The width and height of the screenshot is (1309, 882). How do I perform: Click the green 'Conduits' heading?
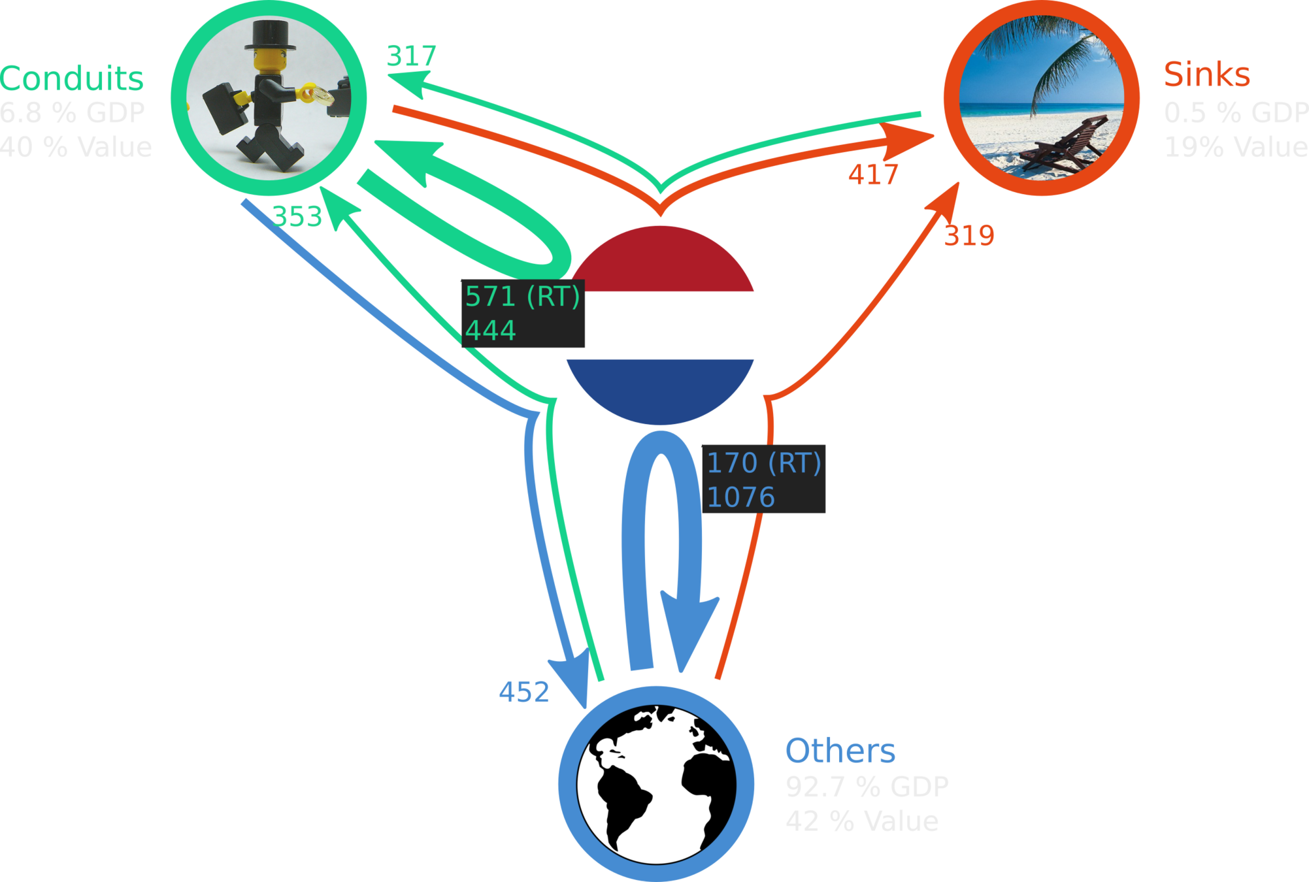[x=72, y=79]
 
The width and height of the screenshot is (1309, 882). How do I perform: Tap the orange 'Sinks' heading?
[x=1206, y=74]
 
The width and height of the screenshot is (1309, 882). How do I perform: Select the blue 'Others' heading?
[x=840, y=751]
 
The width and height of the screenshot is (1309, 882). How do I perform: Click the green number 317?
[x=411, y=56]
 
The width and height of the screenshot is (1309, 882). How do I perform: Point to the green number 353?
[x=297, y=216]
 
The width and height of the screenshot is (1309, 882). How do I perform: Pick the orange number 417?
[x=873, y=174]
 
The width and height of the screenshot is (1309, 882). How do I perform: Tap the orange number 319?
[x=969, y=235]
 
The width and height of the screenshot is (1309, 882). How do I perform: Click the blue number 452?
[x=523, y=692]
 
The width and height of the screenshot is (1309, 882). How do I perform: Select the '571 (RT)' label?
[x=522, y=297]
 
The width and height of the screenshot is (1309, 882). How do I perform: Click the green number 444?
[x=490, y=330]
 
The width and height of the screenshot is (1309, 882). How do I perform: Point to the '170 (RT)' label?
[x=763, y=463]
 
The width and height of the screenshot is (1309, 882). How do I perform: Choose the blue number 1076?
[x=740, y=498]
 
